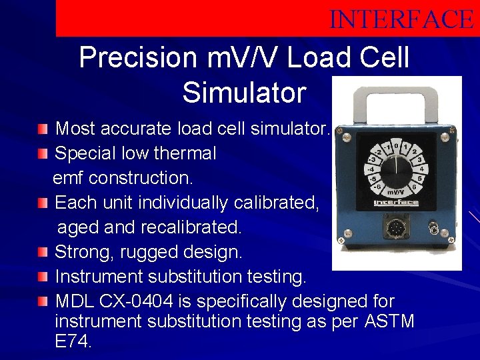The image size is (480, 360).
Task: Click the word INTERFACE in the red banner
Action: click(x=401, y=19)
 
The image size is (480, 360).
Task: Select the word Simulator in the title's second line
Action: click(x=244, y=93)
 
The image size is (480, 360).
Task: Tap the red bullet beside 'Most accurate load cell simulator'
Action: click(x=43, y=128)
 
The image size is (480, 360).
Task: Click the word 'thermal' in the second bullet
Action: click(x=182, y=153)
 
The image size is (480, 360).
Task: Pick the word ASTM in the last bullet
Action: click(x=389, y=321)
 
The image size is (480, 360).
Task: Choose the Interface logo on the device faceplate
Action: click(x=396, y=203)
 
